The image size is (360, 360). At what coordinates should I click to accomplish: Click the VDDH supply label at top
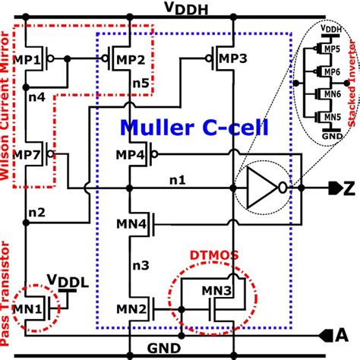point(179,8)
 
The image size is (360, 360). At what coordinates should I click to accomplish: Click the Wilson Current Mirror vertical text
point(9,106)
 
